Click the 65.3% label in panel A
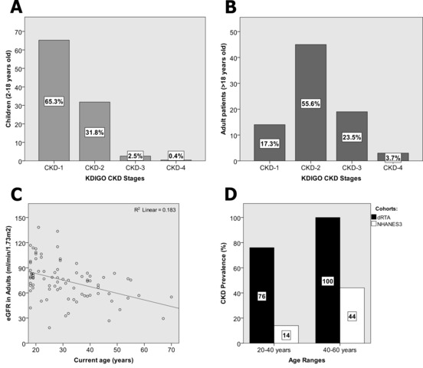[x=54, y=101]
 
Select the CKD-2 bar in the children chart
[x=94, y=131]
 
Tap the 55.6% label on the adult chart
[x=310, y=103]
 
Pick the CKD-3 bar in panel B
[x=352, y=136]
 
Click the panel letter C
[x=16, y=195]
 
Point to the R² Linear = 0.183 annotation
[x=155, y=209]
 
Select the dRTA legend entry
[x=381, y=217]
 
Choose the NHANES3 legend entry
[x=386, y=224]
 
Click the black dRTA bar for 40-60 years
[x=327, y=281]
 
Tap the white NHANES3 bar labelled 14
[x=287, y=334]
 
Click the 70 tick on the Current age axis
[x=172, y=350]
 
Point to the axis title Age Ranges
[x=307, y=360]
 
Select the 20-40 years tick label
[x=274, y=350]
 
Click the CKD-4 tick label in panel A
[x=176, y=168]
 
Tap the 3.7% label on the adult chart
[x=393, y=158]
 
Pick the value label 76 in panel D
[x=261, y=297]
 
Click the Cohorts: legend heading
[x=386, y=209]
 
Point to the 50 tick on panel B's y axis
[x=234, y=32]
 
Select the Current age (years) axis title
[x=103, y=360]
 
